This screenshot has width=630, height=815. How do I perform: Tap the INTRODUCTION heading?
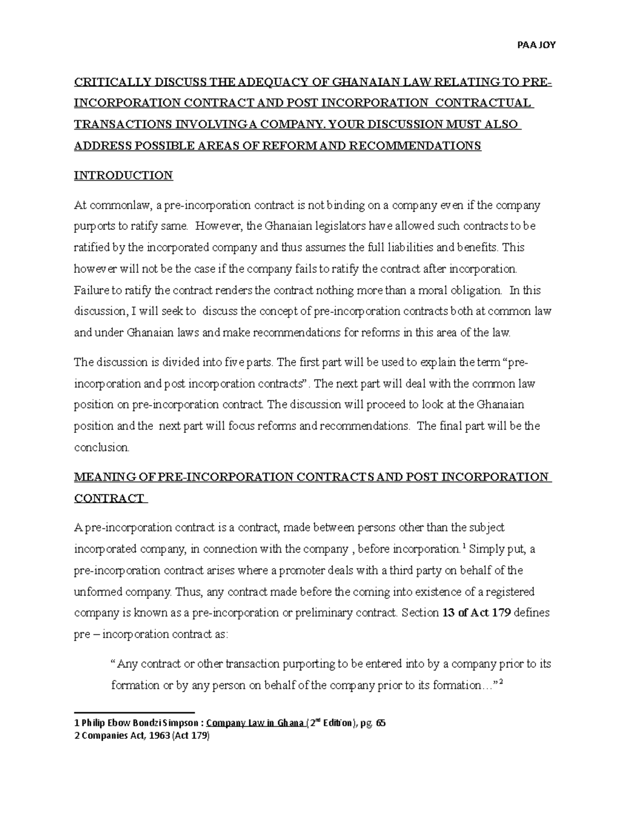point(123,175)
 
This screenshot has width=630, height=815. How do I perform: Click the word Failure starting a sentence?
point(90,290)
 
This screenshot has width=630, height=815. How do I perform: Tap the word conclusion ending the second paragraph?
point(101,447)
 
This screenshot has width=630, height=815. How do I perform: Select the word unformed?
point(94,592)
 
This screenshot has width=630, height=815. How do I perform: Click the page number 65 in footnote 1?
point(380,723)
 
